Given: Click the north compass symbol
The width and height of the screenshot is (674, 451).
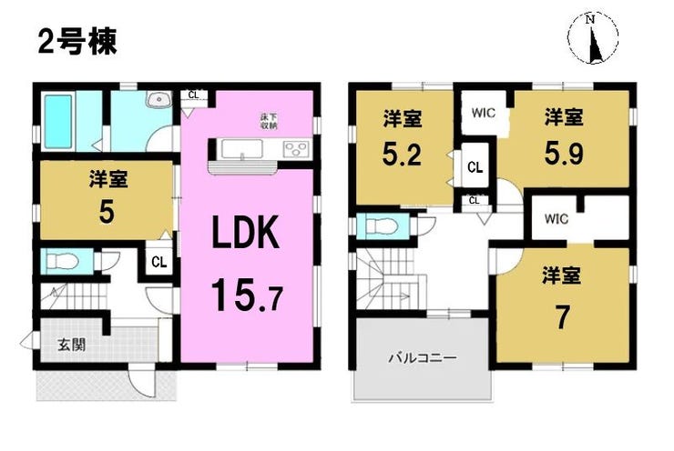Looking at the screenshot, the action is click(593, 38).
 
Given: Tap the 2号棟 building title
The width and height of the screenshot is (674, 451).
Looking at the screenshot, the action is click(77, 43).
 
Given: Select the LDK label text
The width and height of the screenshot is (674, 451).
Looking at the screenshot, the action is click(246, 233).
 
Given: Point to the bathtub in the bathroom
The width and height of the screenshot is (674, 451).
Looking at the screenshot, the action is click(58, 121).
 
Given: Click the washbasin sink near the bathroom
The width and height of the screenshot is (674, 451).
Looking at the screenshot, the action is click(159, 100).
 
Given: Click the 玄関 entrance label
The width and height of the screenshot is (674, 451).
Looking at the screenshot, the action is click(72, 345).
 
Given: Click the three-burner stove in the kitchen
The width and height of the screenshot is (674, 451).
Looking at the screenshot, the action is click(297, 149).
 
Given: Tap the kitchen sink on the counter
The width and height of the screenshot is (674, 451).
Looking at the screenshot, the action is click(242, 149).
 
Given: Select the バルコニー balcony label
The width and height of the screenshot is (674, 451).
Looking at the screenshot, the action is click(422, 357).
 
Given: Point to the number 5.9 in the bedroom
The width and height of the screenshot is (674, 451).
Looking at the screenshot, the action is click(564, 154).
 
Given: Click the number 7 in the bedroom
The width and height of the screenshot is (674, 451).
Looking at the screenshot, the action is click(562, 318).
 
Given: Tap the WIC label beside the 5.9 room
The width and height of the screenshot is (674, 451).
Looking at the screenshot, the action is click(484, 114).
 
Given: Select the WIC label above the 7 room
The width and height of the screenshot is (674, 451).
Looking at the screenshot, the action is click(557, 219).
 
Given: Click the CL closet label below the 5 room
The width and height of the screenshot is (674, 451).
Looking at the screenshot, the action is click(159, 261).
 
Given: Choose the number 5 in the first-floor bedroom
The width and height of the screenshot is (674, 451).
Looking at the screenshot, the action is click(107, 213).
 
